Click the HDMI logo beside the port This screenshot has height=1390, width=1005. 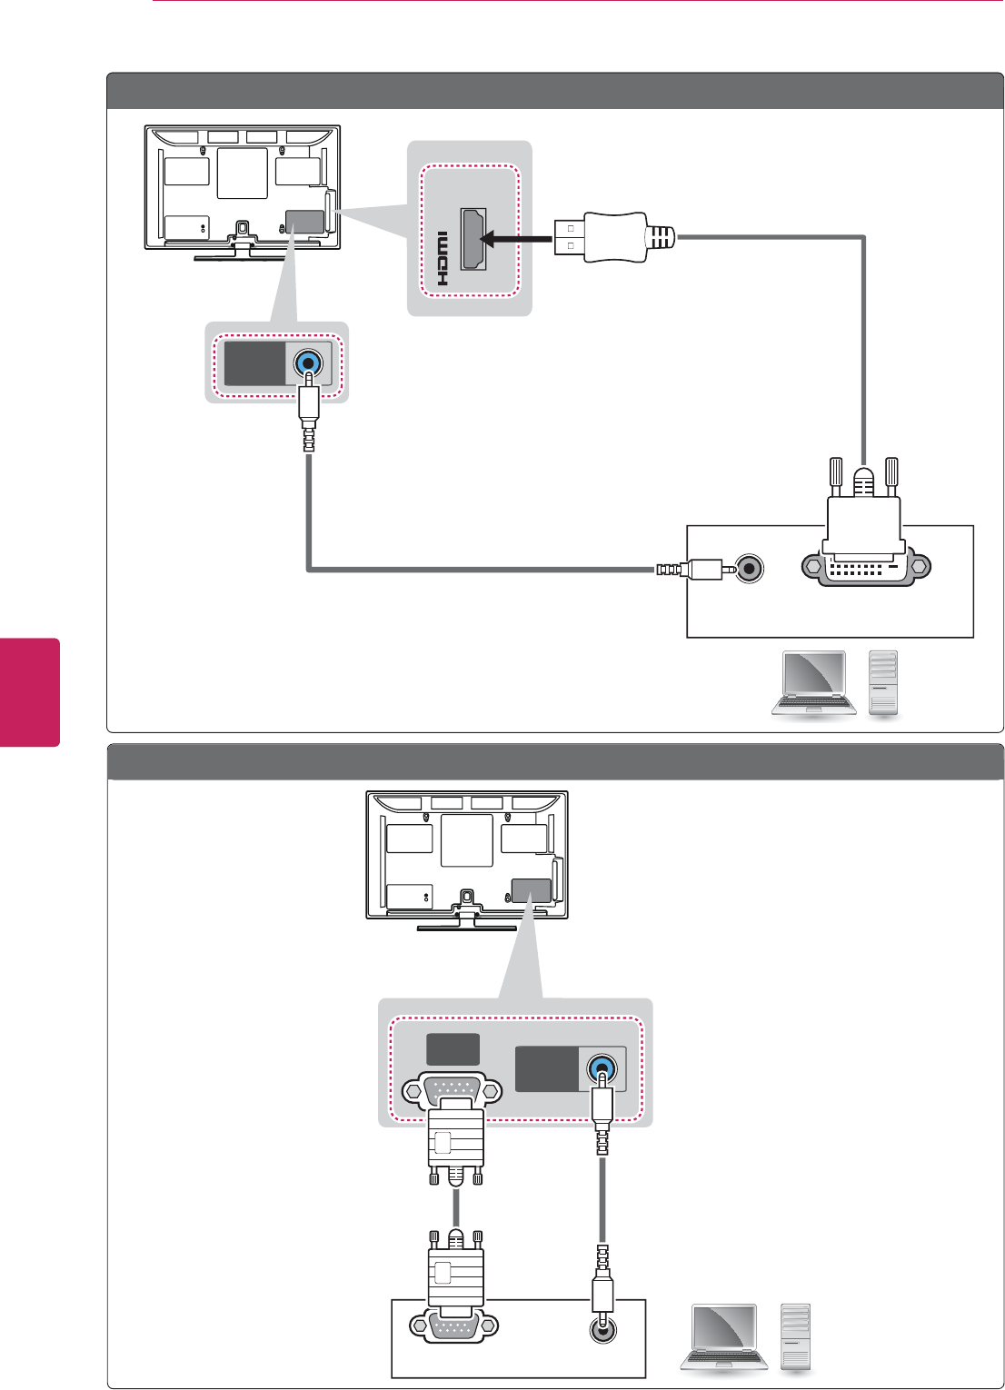pyautogui.click(x=443, y=258)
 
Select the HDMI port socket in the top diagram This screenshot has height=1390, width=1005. pyautogui.click(x=473, y=239)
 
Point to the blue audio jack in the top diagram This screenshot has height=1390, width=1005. pyautogui.click(x=309, y=363)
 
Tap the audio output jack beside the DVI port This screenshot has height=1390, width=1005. pyautogui.click(x=749, y=569)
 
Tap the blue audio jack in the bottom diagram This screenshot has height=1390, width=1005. pyautogui.click(x=602, y=1067)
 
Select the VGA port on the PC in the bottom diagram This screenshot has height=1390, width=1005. pyautogui.click(x=454, y=1326)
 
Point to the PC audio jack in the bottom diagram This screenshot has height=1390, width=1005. pyautogui.click(x=602, y=1328)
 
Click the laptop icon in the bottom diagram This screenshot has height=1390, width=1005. pyautogui.click(x=724, y=1337)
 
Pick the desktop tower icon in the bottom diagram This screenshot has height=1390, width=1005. pyautogui.click(x=795, y=1335)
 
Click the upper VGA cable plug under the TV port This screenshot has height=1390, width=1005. pyautogui.click(x=456, y=1139)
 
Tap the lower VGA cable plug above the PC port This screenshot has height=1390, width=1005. pyautogui.click(x=456, y=1272)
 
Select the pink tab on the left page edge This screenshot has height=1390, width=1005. pyautogui.click(x=30, y=691)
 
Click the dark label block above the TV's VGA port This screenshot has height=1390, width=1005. pyautogui.click(x=453, y=1049)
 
